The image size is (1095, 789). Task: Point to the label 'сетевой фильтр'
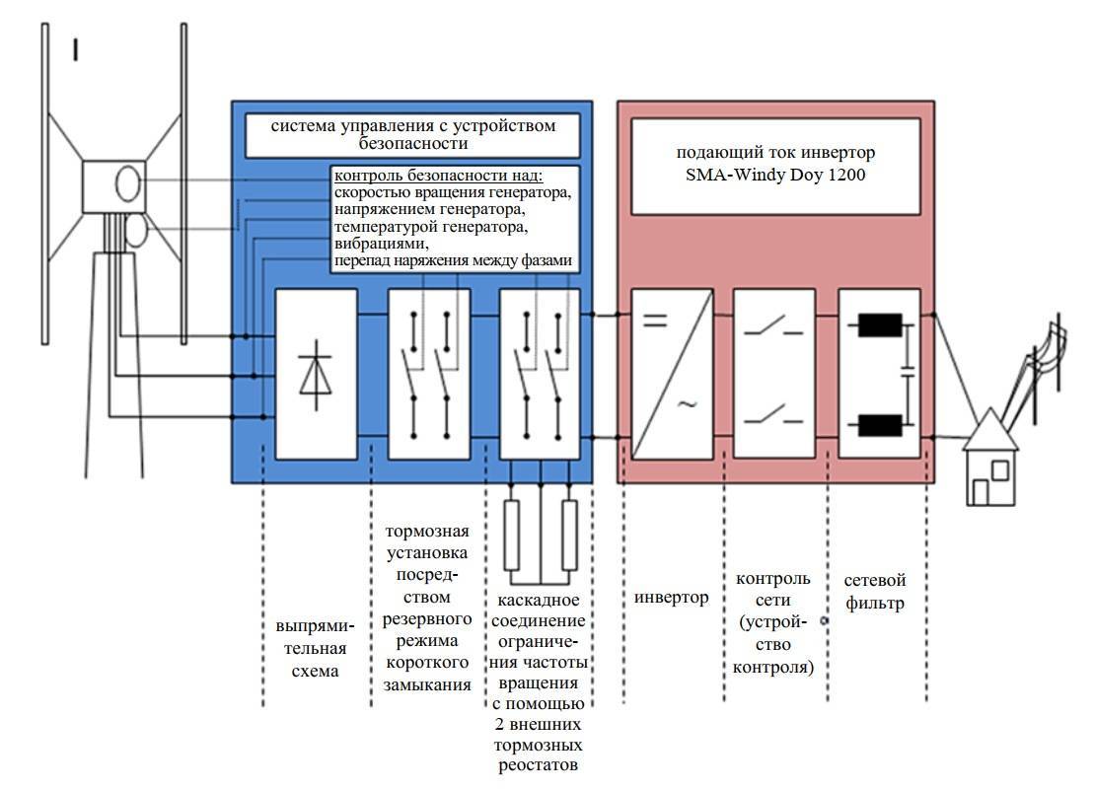click(874, 591)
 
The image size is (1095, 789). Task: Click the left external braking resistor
click(512, 536)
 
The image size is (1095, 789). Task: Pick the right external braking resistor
click(569, 536)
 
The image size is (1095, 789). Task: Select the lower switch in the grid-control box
click(772, 414)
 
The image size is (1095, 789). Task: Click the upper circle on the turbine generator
click(128, 184)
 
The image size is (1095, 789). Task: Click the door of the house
click(981, 492)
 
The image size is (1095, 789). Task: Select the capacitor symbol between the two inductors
click(905, 376)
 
